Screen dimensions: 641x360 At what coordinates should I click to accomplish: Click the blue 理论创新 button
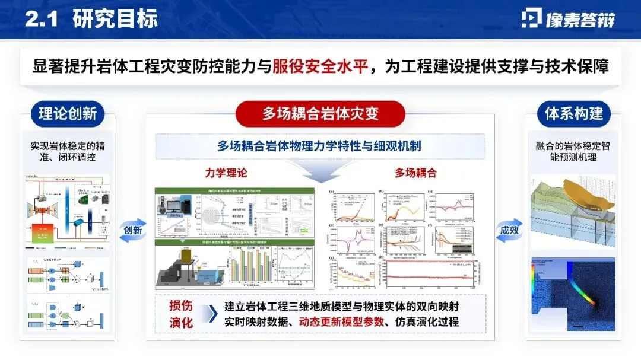[67, 113]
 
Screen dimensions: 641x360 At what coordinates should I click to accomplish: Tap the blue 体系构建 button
[573, 113]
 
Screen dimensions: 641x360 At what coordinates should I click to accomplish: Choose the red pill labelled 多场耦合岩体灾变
[320, 113]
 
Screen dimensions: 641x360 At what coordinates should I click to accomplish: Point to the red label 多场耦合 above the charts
[415, 173]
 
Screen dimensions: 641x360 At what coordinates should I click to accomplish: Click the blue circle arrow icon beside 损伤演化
[207, 314]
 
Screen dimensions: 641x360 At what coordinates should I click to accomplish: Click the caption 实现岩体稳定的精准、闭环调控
[67, 152]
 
